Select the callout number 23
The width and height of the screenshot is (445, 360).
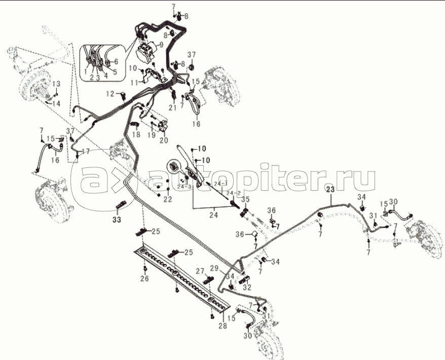(x=330, y=189)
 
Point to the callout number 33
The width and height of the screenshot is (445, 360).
(x=117, y=220)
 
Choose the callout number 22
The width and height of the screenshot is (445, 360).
(x=167, y=200)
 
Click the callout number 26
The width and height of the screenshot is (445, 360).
(x=144, y=278)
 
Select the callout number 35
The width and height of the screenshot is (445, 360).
(x=245, y=199)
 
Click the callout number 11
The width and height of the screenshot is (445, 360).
(x=134, y=82)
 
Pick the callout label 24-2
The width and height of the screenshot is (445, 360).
(x=233, y=193)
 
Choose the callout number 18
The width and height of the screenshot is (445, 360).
(x=136, y=134)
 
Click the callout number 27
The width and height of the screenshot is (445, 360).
(x=200, y=271)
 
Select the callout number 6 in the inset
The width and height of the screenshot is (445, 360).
(x=116, y=61)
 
